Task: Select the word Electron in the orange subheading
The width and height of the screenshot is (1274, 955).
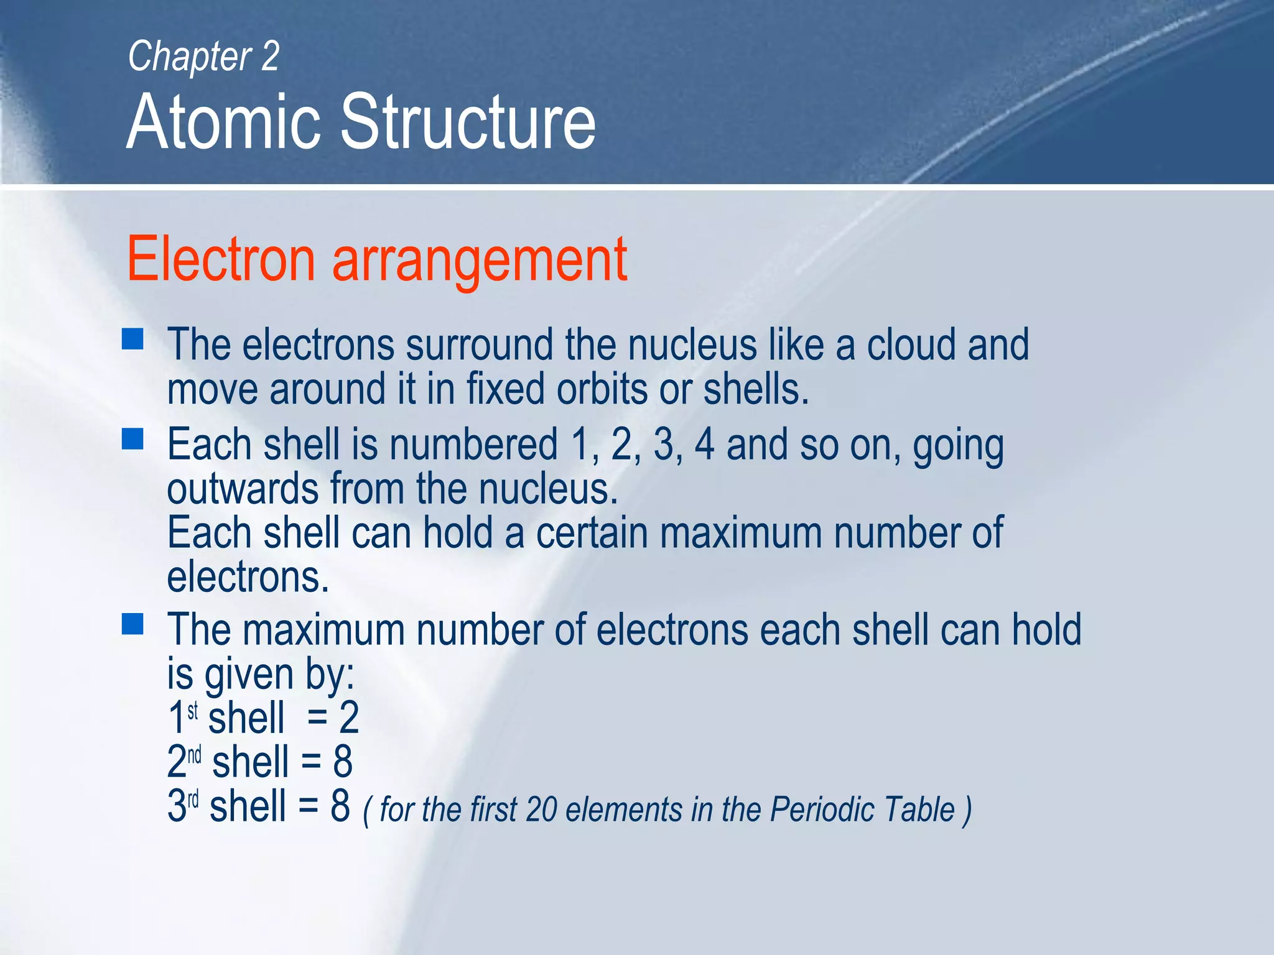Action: [x=221, y=259]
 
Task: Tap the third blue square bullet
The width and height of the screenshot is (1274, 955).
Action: [x=133, y=624]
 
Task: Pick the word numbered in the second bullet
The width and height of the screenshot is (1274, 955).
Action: [x=473, y=445]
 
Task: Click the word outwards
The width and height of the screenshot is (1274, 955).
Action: [x=243, y=489]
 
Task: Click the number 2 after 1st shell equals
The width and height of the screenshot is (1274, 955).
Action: [x=349, y=718]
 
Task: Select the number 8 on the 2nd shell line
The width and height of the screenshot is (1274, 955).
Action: [x=343, y=762]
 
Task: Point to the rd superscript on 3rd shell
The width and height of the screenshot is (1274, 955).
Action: [x=193, y=798]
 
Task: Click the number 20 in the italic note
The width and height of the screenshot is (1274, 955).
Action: [x=541, y=810]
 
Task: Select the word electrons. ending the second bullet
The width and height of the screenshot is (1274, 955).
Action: [x=248, y=578]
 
